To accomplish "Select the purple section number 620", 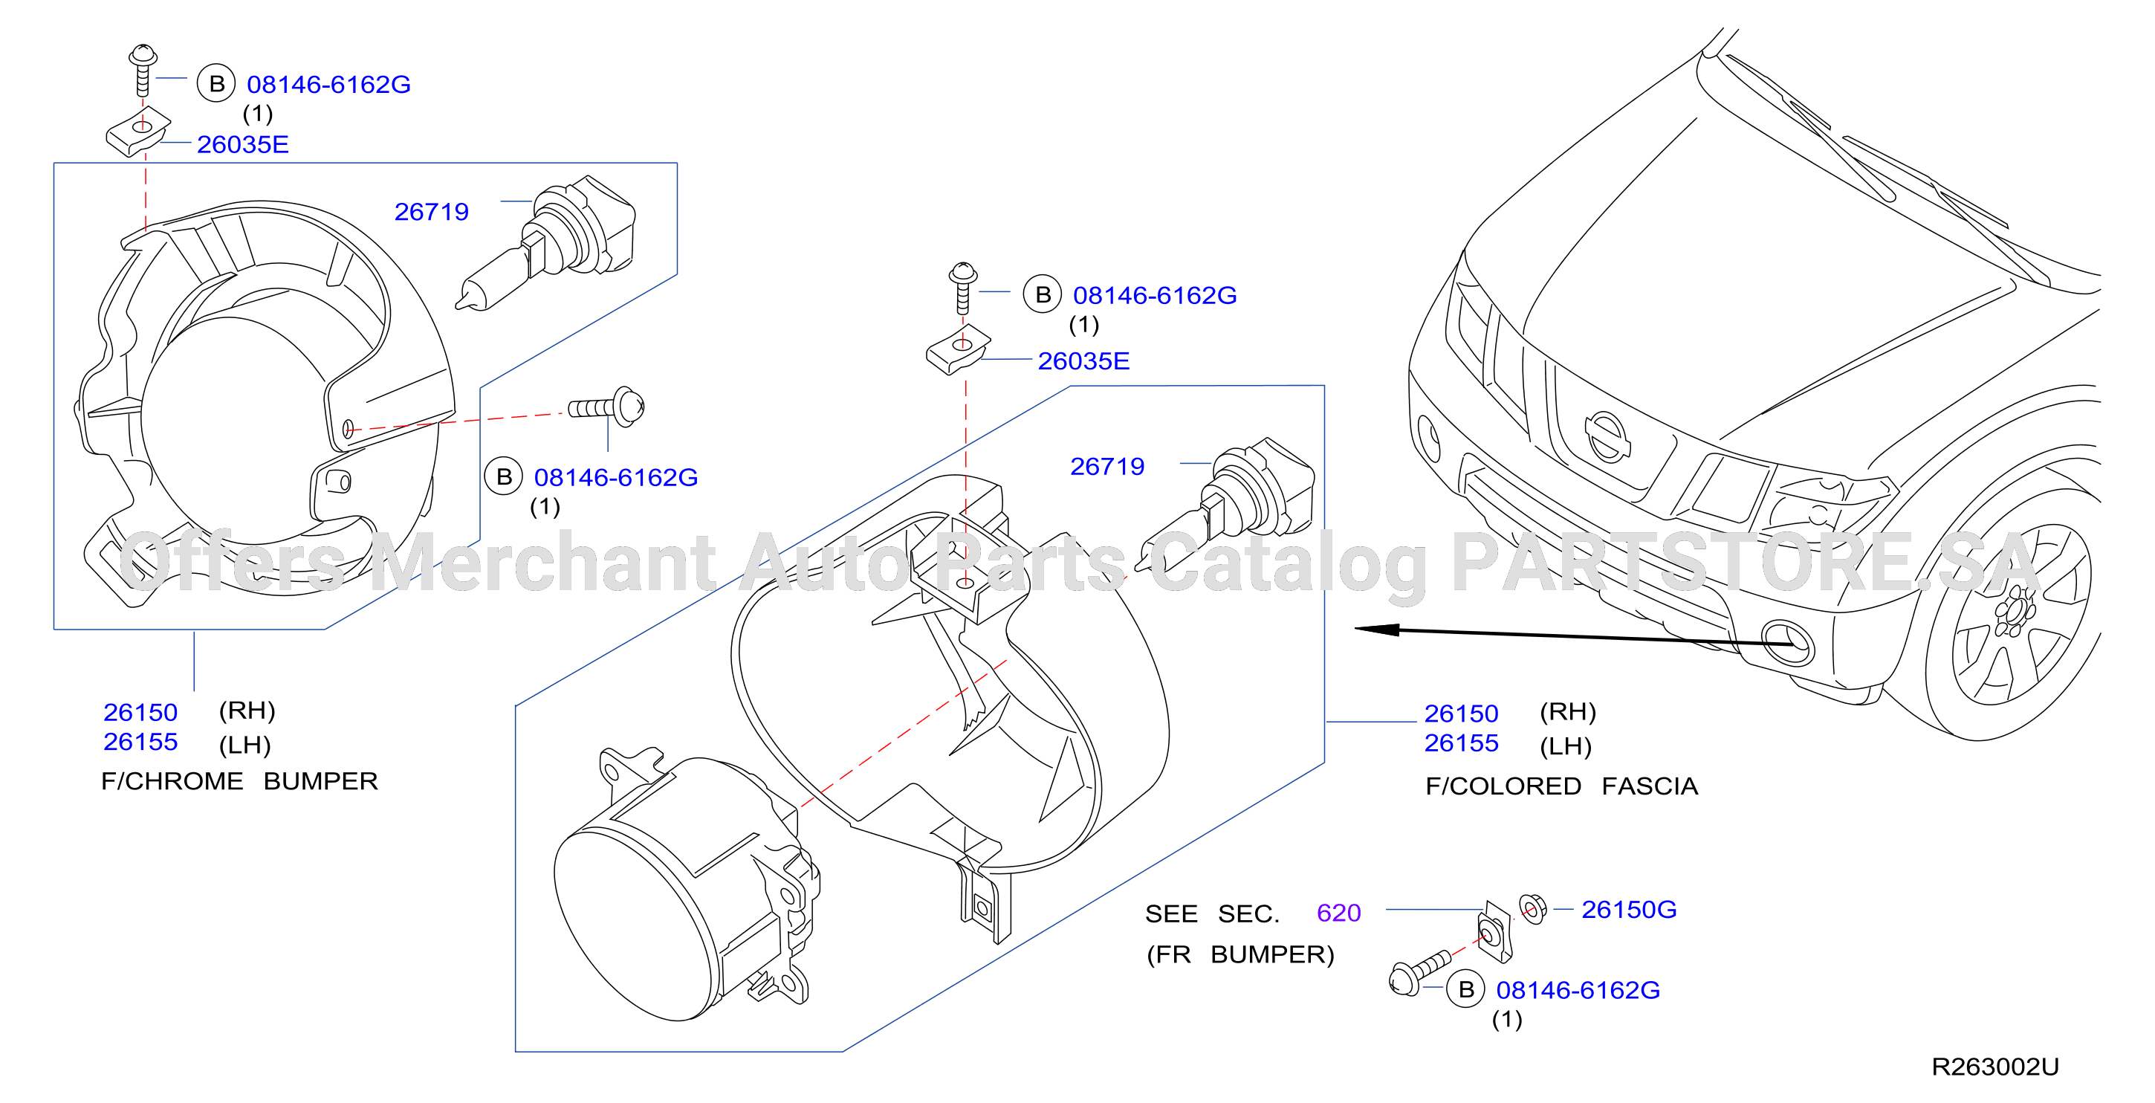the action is (x=1338, y=913).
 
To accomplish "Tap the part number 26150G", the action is (x=1628, y=909).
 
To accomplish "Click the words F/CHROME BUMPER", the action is (x=239, y=781).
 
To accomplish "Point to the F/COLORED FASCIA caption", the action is (x=1561, y=786).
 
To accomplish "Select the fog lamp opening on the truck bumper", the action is (x=1787, y=643).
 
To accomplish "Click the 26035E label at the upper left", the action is (x=242, y=144).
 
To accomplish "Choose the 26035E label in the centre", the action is (x=1083, y=360).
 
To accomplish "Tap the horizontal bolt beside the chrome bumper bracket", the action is (x=606, y=407).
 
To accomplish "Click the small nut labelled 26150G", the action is (x=1532, y=908).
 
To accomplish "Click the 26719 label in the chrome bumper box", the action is (x=431, y=212).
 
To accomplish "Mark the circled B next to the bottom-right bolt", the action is (x=1465, y=989).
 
